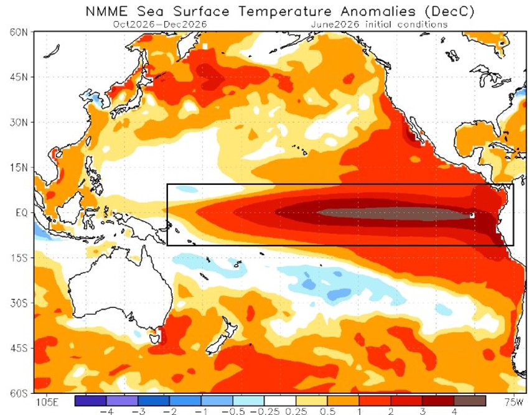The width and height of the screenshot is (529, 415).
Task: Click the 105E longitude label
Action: [x=47, y=402]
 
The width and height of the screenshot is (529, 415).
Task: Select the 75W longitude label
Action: [x=514, y=402]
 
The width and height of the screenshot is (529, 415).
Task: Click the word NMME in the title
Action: [x=106, y=11]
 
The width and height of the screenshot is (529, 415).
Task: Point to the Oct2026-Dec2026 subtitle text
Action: [x=160, y=25]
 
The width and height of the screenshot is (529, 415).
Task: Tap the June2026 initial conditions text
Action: [x=379, y=25]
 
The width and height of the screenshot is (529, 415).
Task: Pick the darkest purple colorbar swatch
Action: [x=90, y=401]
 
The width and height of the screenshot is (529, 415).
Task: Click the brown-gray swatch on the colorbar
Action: [x=470, y=401]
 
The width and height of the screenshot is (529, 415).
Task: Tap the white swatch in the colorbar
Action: [x=280, y=401]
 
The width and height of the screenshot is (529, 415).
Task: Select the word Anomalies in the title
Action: [x=378, y=11]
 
